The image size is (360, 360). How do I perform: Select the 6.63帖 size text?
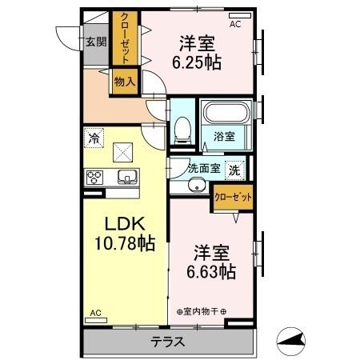[212, 272]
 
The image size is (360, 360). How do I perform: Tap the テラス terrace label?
[169, 342]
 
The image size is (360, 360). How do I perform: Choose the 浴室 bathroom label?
[223, 137]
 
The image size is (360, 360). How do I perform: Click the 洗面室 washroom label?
[202, 169]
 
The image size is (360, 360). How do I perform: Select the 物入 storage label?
[124, 81]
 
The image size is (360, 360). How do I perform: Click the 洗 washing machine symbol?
[234, 169]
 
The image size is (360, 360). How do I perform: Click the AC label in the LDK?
[95, 313]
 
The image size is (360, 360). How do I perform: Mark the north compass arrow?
[293, 342]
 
